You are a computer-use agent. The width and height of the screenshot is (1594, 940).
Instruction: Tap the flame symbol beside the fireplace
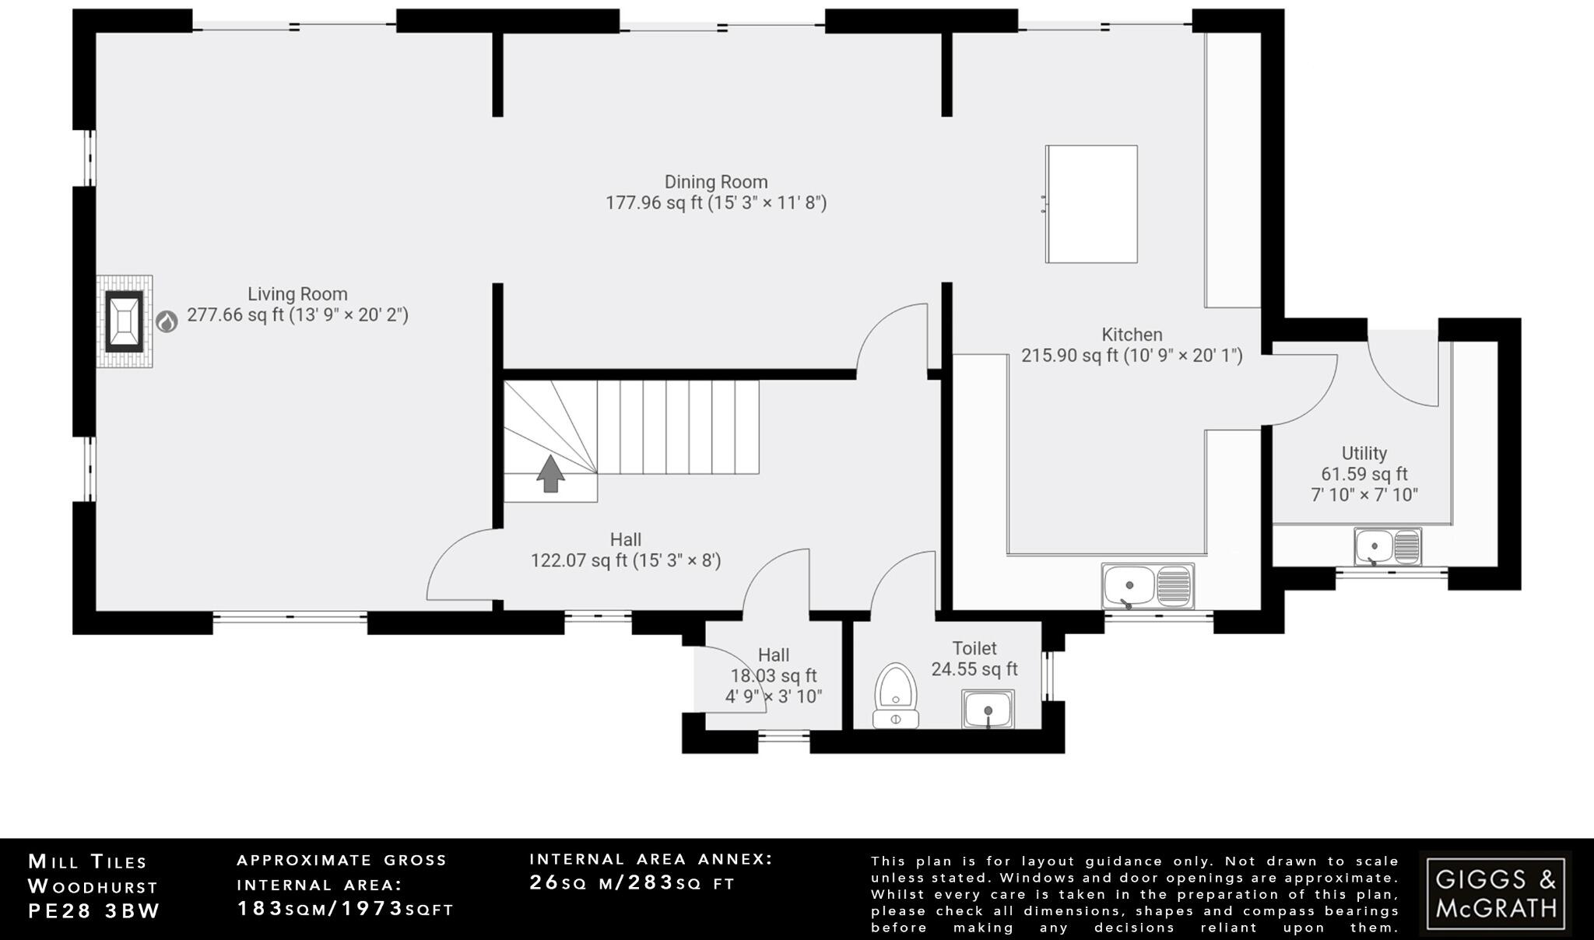tap(167, 321)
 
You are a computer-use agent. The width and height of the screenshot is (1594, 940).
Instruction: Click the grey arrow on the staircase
tap(551, 473)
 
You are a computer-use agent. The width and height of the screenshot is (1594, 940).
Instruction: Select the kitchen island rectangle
tap(1091, 204)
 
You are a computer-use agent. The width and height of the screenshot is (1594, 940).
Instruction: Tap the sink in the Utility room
tap(1387, 546)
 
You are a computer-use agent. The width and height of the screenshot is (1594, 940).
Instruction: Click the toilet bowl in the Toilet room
tap(896, 694)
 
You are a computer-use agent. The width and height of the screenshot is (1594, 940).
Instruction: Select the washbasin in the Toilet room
tap(988, 709)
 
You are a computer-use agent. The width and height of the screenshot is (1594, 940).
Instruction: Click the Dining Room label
tap(716, 182)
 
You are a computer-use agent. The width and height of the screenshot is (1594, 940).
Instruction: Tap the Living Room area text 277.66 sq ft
tap(235, 315)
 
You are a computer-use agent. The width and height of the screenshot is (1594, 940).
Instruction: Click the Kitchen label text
tap(1132, 335)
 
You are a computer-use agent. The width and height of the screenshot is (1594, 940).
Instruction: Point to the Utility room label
tap(1364, 453)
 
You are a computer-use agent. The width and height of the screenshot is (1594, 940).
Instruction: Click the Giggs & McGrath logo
tap(1495, 893)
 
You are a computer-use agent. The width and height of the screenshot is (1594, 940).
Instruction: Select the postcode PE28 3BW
tap(94, 911)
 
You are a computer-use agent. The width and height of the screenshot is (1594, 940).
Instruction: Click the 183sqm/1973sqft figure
tap(345, 908)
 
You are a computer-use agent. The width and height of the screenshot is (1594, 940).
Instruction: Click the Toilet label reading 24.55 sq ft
tap(974, 668)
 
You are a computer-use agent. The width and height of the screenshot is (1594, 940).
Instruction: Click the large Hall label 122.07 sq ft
tap(626, 560)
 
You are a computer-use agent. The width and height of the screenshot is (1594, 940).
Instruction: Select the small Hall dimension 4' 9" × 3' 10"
tap(774, 696)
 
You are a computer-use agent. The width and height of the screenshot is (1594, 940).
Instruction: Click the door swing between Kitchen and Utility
tap(1304, 389)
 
